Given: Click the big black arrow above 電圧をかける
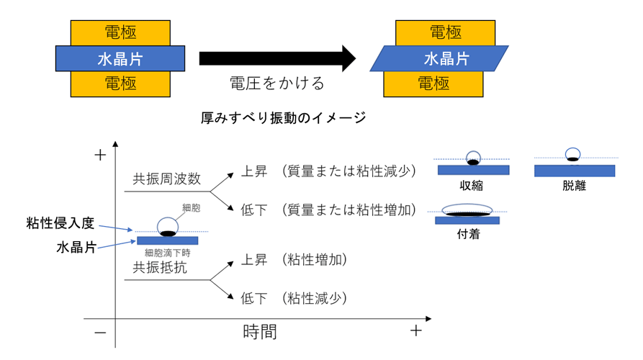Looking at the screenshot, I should (x=277, y=58).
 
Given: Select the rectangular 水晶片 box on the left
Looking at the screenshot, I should (x=120, y=58).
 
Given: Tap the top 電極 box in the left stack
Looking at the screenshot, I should (x=121, y=32).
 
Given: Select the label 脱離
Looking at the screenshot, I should (x=575, y=186).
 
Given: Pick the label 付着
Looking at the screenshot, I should (x=467, y=235).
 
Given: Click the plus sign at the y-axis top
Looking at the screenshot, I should (x=100, y=155).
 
